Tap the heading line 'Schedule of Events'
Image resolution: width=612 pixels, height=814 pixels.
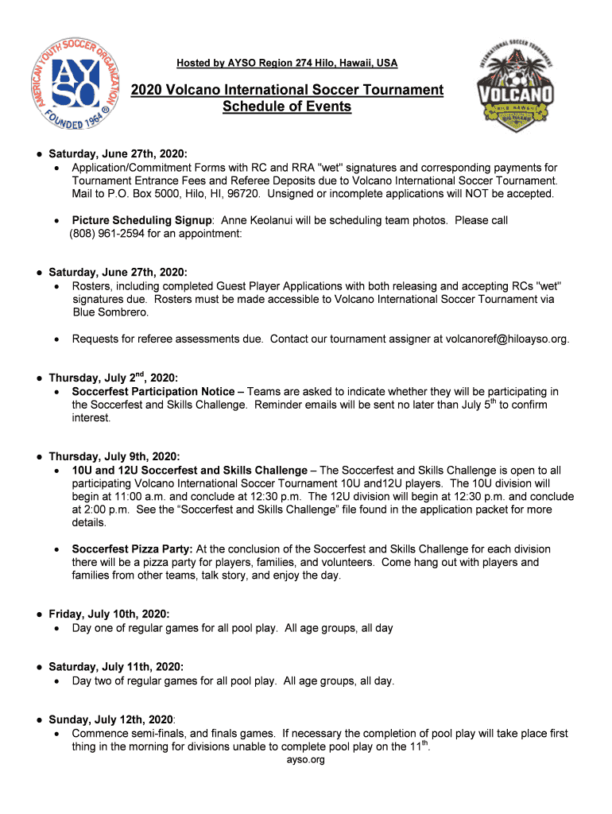(287, 107)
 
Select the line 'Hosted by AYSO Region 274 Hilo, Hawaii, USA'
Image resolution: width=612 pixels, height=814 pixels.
(287, 63)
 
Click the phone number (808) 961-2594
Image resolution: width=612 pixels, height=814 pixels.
(107, 234)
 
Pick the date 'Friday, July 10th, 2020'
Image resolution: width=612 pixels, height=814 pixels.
(109, 614)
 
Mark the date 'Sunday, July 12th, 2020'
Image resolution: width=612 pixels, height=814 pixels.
(111, 719)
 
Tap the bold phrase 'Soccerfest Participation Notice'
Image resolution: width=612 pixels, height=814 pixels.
(153, 391)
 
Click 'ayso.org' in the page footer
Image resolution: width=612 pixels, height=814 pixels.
(306, 760)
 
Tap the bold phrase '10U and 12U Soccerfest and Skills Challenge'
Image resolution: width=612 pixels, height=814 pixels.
(189, 471)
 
